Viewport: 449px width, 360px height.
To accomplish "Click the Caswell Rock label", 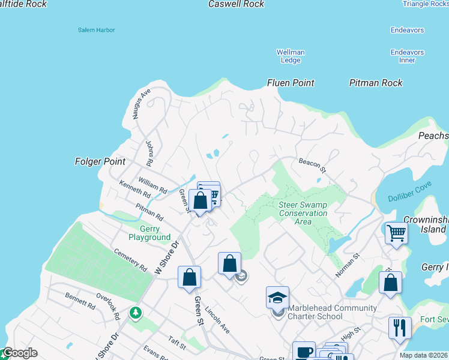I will point(236,4).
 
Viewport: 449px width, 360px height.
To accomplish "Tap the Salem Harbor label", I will point(96,30).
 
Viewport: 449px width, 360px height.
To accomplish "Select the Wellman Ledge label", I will point(291,56).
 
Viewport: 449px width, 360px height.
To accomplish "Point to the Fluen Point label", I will point(291,83).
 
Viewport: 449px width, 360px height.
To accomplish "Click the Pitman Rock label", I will point(376,83).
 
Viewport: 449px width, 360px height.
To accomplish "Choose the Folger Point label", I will point(100,161).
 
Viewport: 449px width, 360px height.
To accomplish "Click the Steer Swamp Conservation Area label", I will point(303,213).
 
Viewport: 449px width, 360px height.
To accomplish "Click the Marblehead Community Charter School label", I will point(332,312).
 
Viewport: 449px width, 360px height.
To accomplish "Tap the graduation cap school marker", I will point(277,298).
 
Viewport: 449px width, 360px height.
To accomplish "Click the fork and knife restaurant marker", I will point(400,328).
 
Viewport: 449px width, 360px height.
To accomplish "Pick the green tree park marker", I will point(136,313).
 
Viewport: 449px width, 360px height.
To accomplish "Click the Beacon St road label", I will point(312,165).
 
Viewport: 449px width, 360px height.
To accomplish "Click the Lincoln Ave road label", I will point(217,321).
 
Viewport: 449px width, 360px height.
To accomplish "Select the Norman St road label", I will point(347,265).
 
